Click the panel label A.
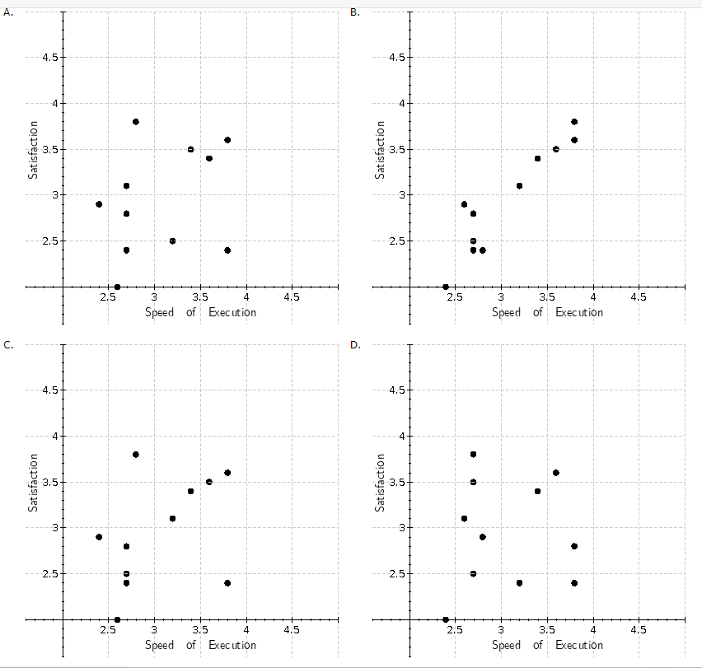tap(7, 12)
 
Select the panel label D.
tap(355, 344)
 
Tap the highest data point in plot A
tap(136, 122)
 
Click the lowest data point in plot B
tap(446, 287)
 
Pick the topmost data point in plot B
tap(574, 122)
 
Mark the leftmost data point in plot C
tap(99, 537)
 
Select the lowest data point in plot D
tap(446, 619)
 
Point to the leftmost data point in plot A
tap(99, 204)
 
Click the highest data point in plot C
tap(136, 455)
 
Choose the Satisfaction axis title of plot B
tap(380, 150)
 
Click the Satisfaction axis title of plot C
tap(33, 483)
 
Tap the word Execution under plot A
tap(232, 313)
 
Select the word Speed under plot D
tap(506, 646)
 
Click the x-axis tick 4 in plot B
tap(592, 297)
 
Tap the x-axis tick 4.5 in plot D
tap(638, 630)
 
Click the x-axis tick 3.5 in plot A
tap(199, 297)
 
